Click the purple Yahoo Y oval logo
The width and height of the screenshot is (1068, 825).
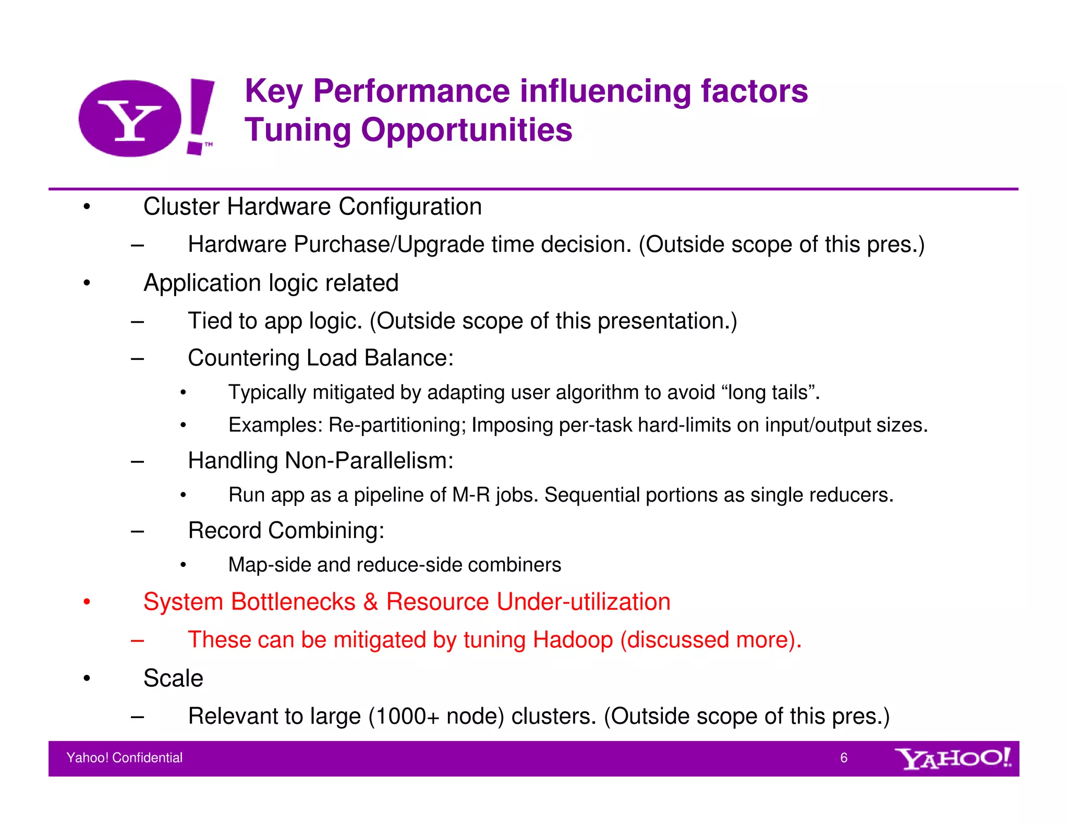[x=129, y=118]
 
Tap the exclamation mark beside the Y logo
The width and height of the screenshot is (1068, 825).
[x=201, y=116]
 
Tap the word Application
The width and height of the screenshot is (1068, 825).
[x=202, y=284]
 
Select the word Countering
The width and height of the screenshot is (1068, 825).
[x=243, y=358]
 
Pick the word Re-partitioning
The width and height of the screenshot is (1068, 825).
[x=397, y=426]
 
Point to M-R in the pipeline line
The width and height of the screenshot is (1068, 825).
[x=471, y=495]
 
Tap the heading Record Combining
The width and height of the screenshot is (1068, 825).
[x=286, y=531]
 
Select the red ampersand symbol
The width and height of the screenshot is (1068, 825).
[x=370, y=602]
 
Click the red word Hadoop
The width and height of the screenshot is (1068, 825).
[x=573, y=640]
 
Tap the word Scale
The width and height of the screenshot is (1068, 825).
[x=173, y=678]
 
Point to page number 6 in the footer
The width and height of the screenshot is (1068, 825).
[x=843, y=758]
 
